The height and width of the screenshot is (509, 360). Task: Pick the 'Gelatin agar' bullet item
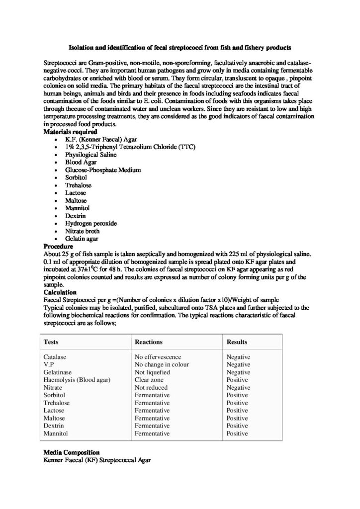[82, 239]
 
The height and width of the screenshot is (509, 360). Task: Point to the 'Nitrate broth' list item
[82, 231]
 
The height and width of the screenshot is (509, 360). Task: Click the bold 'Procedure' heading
[59, 246]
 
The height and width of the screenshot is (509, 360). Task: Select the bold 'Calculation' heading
[60, 292]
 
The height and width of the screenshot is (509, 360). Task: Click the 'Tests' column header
[51, 342]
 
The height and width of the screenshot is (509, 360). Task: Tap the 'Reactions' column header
[149, 342]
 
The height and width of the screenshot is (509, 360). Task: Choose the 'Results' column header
[237, 342]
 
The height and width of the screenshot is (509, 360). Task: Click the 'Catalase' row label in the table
[55, 357]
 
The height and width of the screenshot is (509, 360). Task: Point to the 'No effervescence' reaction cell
[158, 357]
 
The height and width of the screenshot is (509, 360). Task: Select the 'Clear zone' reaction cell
[149, 380]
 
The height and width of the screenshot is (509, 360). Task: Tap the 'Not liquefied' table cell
[152, 372]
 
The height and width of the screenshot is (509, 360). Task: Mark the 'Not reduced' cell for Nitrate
[152, 387]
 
